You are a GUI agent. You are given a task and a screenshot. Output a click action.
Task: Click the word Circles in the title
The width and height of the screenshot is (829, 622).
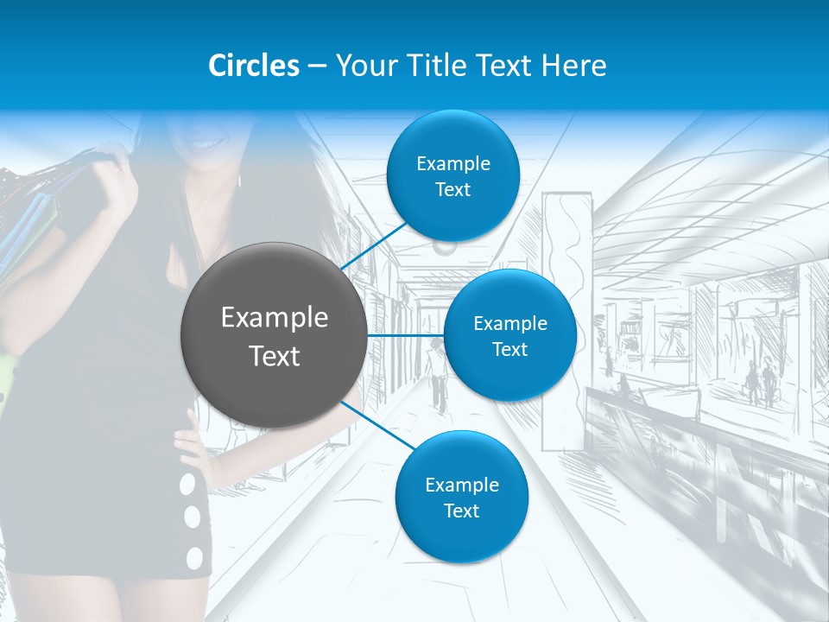click(254, 66)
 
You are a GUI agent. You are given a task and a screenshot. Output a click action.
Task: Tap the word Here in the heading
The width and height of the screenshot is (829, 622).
click(574, 66)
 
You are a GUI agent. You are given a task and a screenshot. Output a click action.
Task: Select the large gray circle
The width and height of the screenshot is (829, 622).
click(274, 335)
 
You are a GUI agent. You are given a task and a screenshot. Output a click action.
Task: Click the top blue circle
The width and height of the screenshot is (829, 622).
click(452, 175)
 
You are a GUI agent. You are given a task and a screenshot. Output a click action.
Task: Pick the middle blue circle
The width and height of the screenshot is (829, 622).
click(509, 335)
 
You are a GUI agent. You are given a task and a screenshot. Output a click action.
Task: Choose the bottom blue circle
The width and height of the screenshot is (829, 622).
click(461, 497)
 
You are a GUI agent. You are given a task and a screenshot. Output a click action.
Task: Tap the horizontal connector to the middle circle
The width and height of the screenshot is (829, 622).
click(406, 335)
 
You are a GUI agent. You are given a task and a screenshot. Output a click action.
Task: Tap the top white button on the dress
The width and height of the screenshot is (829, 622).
click(187, 485)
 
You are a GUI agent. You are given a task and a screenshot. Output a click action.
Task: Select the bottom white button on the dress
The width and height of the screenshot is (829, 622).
click(195, 557)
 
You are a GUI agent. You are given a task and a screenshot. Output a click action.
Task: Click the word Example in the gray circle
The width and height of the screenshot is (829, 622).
click(274, 318)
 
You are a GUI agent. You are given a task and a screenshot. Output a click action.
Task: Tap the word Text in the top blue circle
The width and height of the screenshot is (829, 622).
click(452, 190)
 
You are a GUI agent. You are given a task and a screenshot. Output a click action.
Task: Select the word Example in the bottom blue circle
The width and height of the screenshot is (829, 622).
click(461, 485)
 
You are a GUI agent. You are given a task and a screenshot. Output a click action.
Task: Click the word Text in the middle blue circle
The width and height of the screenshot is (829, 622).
click(509, 350)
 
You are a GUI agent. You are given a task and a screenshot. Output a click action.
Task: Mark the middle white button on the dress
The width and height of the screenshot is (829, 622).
click(192, 518)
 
